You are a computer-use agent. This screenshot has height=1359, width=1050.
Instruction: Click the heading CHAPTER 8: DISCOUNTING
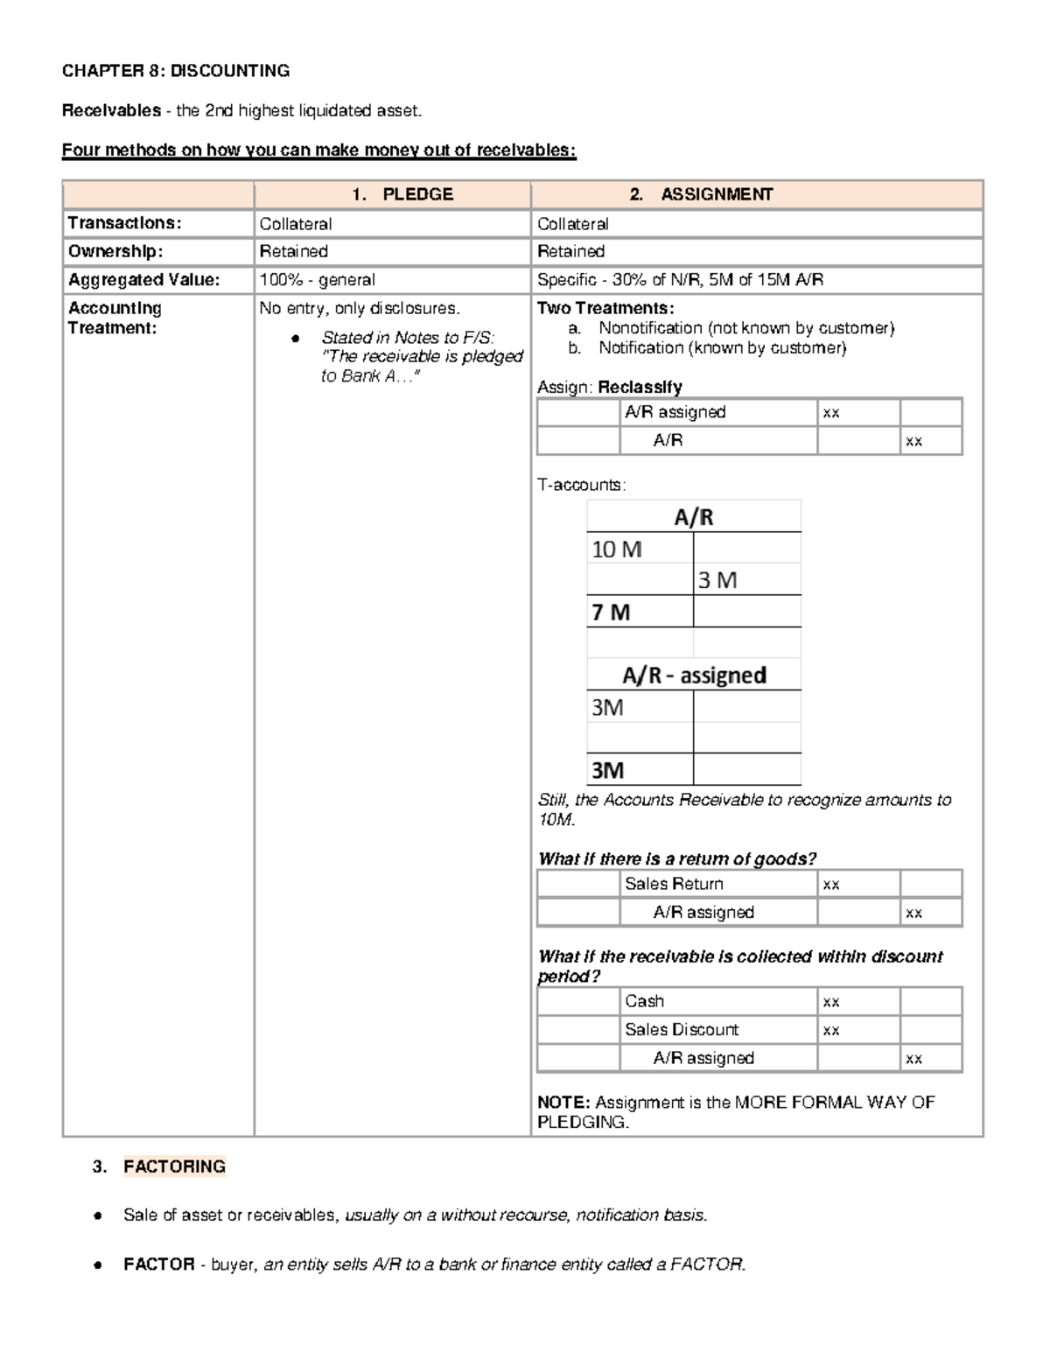click(175, 71)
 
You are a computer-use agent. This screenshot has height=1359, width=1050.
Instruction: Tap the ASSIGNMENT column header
click(717, 194)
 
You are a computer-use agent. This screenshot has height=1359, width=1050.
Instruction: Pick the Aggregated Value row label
click(144, 280)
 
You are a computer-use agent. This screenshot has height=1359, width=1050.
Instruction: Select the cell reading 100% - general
click(318, 280)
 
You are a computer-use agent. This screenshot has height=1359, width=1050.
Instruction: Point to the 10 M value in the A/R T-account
click(617, 550)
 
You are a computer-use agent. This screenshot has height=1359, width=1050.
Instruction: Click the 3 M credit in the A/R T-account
click(717, 580)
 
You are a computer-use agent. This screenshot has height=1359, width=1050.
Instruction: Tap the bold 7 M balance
click(611, 613)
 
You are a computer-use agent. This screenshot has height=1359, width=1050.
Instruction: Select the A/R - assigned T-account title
click(694, 676)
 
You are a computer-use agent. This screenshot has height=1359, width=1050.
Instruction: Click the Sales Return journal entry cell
click(674, 884)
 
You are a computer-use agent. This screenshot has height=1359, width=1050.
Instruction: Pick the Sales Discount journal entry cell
click(682, 1030)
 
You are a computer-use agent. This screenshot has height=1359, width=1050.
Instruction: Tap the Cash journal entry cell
click(645, 1001)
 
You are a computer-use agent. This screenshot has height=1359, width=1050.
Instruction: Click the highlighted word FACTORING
click(174, 1166)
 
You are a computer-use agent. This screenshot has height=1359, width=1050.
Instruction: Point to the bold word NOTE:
click(563, 1103)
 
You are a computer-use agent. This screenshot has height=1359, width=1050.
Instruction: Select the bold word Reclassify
click(647, 387)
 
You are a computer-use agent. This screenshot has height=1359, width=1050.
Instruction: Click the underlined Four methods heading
click(318, 151)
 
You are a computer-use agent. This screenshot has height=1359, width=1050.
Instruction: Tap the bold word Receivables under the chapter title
click(111, 111)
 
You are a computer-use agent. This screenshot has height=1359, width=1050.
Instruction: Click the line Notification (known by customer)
click(722, 348)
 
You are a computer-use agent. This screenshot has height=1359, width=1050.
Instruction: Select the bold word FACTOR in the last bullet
click(159, 1264)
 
